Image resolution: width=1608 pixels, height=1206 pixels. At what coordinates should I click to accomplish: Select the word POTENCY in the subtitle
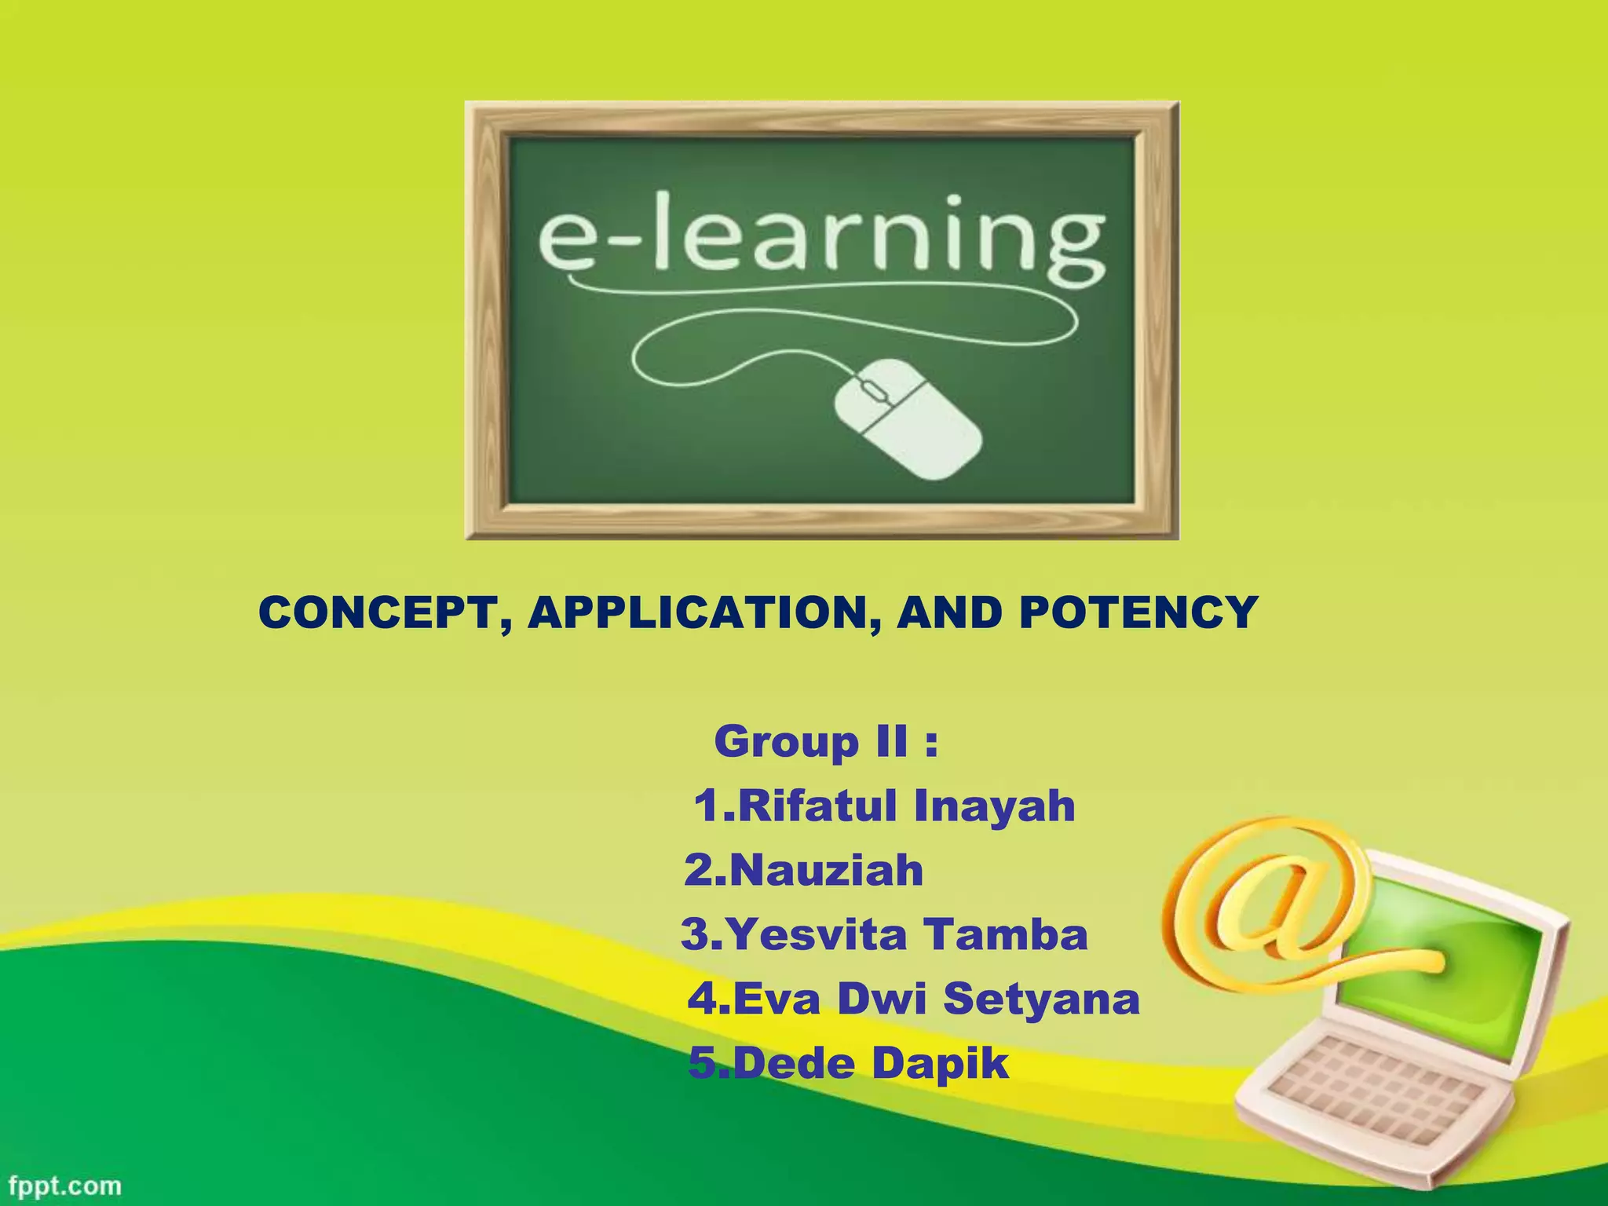click(x=1138, y=613)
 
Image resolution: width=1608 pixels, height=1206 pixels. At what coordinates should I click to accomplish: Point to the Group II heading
click(x=826, y=742)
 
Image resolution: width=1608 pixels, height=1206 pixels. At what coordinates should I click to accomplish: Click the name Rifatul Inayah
click(x=884, y=806)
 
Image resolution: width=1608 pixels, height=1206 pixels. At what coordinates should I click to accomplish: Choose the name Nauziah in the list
click(x=804, y=871)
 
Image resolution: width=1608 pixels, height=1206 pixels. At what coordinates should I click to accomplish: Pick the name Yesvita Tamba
click(x=884, y=935)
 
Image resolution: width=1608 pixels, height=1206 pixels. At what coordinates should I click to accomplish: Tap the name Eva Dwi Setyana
click(x=913, y=1000)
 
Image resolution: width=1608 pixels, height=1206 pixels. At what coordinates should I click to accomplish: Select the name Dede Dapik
click(x=848, y=1064)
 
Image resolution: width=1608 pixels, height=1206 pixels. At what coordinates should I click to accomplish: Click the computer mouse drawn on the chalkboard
click(x=907, y=418)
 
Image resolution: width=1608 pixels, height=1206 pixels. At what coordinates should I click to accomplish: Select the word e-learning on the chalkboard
click(x=821, y=236)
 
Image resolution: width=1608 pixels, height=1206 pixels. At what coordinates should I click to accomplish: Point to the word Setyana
click(x=1041, y=1000)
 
